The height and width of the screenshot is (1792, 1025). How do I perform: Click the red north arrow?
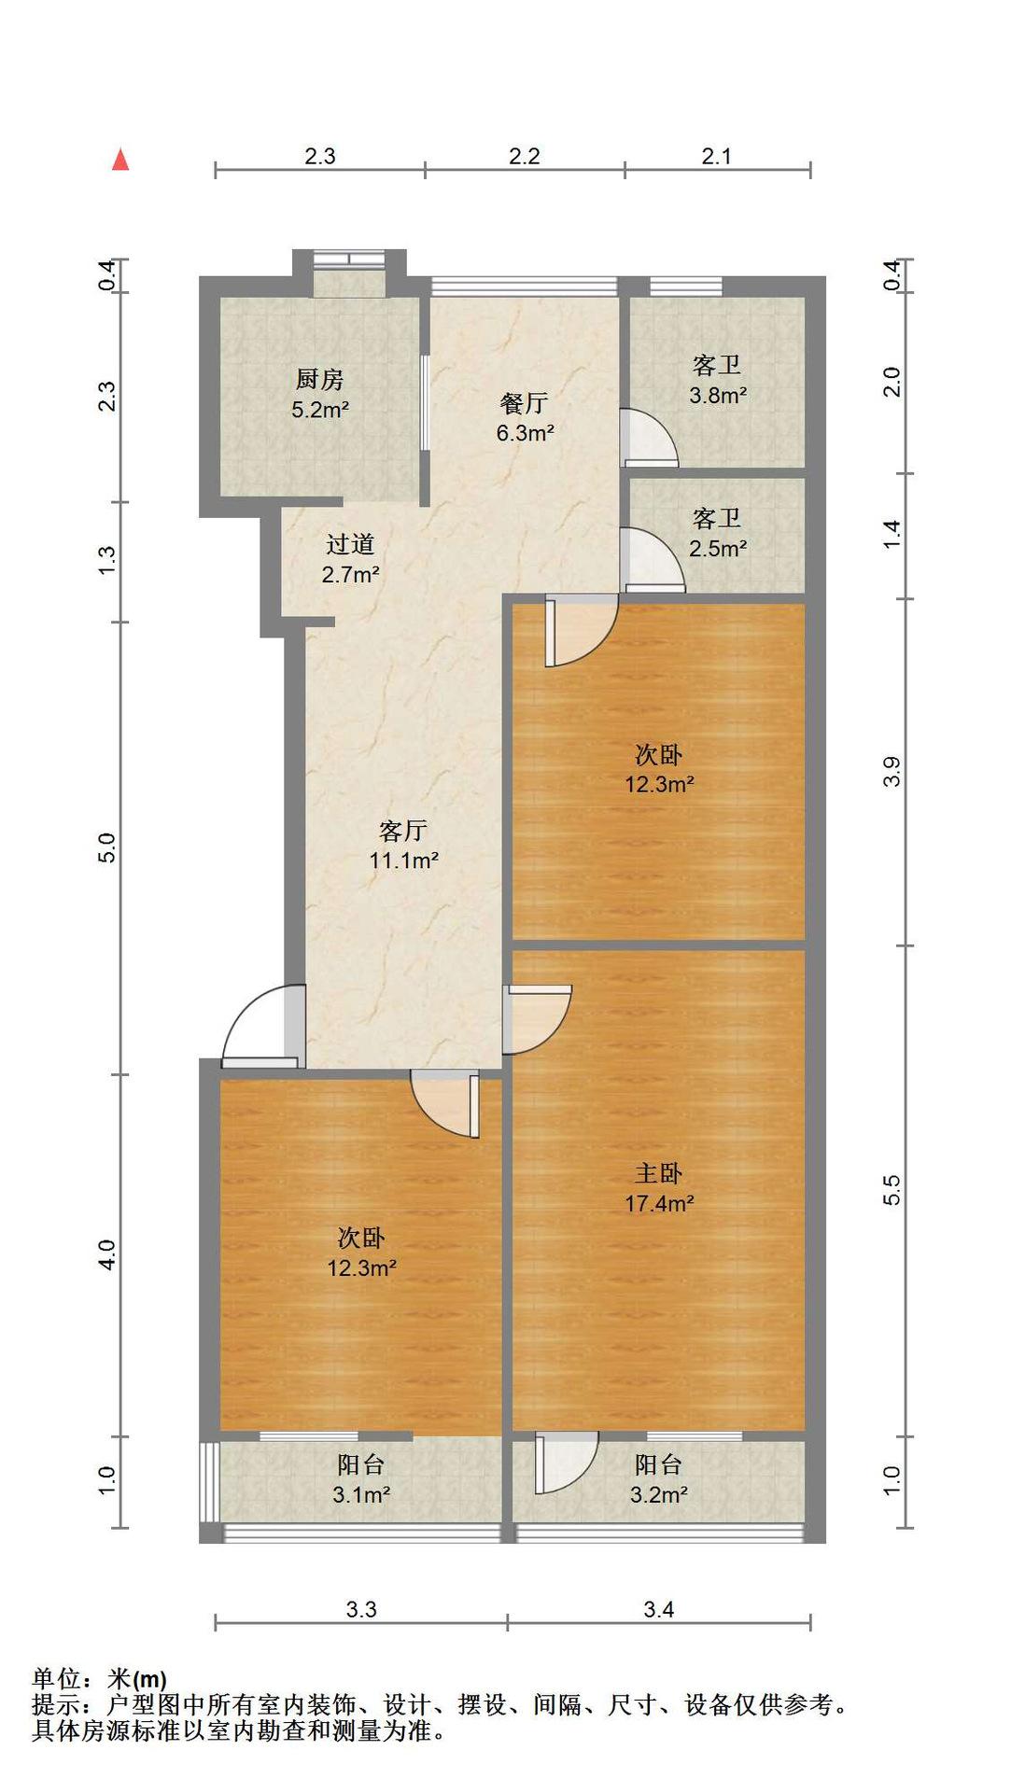120,160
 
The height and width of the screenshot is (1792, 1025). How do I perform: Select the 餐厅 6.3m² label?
525,418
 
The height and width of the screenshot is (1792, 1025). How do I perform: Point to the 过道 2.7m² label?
350,558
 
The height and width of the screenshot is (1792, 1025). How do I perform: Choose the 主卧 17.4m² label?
659,1187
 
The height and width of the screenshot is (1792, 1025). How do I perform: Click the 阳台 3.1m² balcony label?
361,1480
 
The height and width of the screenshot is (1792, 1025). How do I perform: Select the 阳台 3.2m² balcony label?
658,1480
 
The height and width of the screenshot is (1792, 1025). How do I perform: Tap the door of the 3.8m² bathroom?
650,437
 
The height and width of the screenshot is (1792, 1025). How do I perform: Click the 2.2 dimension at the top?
525,156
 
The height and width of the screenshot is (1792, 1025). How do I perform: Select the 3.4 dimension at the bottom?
659,1609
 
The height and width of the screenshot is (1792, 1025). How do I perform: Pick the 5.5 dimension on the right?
892,1190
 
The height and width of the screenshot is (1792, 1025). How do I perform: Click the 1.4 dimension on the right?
892,534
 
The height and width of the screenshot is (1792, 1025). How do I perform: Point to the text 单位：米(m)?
100,1681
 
